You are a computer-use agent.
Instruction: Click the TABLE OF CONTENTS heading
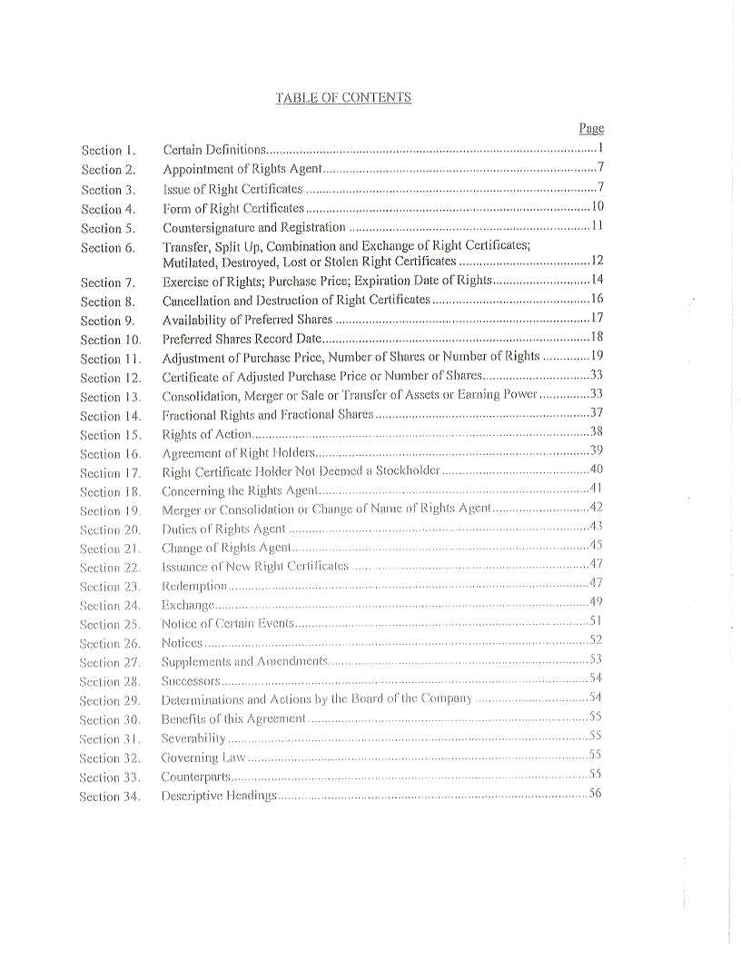coord(343,98)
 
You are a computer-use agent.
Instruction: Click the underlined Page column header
coord(591,129)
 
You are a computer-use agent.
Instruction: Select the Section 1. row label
coord(108,151)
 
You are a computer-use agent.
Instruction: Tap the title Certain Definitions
coord(213,150)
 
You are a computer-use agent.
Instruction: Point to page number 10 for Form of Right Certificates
coord(598,207)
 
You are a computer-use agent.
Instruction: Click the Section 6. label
coord(108,248)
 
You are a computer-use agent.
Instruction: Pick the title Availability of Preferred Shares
coord(247,320)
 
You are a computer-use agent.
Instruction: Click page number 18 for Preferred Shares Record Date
coord(597,338)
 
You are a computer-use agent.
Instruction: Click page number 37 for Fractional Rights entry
coord(597,413)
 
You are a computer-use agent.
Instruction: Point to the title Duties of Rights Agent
coord(223,529)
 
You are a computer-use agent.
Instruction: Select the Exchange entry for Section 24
coord(187,605)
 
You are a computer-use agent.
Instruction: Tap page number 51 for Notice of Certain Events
coord(597,621)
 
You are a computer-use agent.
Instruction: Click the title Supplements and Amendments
coord(243,661)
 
